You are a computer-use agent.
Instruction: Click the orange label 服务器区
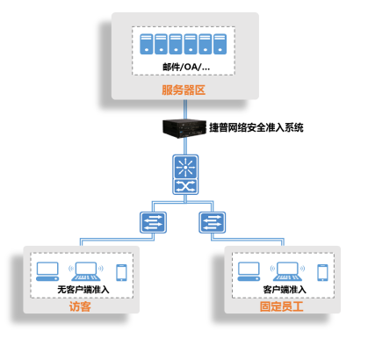coord(184,90)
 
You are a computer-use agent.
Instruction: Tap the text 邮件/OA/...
coord(183,67)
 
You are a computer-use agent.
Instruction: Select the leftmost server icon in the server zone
coord(147,44)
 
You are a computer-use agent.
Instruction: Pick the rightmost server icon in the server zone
coord(220,44)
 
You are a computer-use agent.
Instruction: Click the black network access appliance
coord(184,128)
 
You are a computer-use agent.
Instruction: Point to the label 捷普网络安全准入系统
coord(256,127)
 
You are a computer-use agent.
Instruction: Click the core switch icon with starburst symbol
coord(185,175)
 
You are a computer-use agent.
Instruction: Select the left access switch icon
coord(153,222)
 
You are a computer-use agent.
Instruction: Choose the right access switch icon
coord(213,222)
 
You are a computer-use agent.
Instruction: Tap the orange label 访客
coord(80,306)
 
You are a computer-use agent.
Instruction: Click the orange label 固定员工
coord(281,306)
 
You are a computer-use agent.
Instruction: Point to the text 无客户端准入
coord(83,290)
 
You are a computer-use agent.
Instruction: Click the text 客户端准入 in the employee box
coord(285,290)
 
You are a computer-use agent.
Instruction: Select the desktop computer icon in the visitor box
coord(47,271)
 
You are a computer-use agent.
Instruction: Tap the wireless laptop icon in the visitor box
coord(86,271)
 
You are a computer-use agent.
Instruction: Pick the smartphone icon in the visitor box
coord(121,272)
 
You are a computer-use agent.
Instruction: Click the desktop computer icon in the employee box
coord(249,271)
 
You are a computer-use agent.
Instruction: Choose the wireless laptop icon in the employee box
coord(287,271)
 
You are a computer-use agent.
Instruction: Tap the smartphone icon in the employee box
coord(322,272)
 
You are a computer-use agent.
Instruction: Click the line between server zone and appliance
coord(185,110)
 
